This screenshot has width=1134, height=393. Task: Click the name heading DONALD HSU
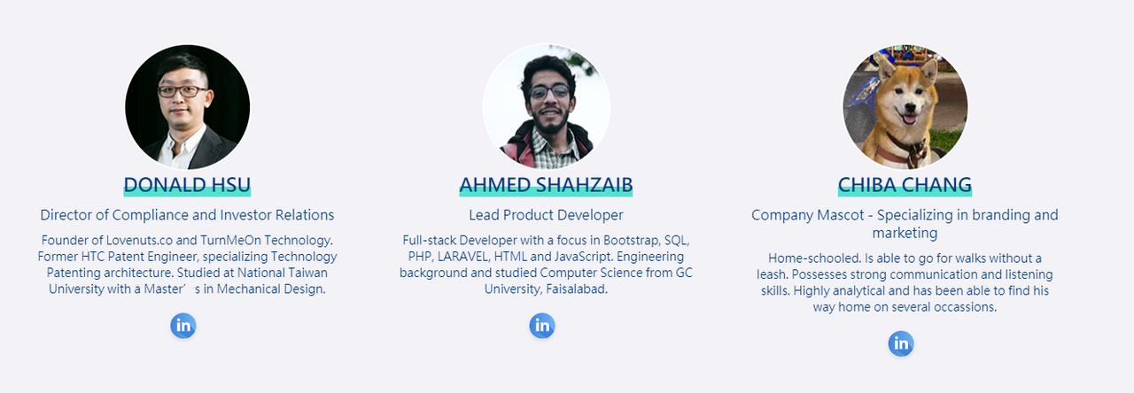point(187,185)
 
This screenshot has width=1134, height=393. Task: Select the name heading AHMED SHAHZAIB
point(546,185)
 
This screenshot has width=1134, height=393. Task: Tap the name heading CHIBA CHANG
point(905,185)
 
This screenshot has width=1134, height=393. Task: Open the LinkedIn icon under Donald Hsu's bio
point(183,326)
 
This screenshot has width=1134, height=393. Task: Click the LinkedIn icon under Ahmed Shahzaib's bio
point(542,326)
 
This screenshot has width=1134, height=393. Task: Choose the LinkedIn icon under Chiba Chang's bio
point(901,344)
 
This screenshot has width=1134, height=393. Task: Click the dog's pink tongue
point(909,119)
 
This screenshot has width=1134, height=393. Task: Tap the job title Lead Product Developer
point(546,215)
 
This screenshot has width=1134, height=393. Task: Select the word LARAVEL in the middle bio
point(463,257)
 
